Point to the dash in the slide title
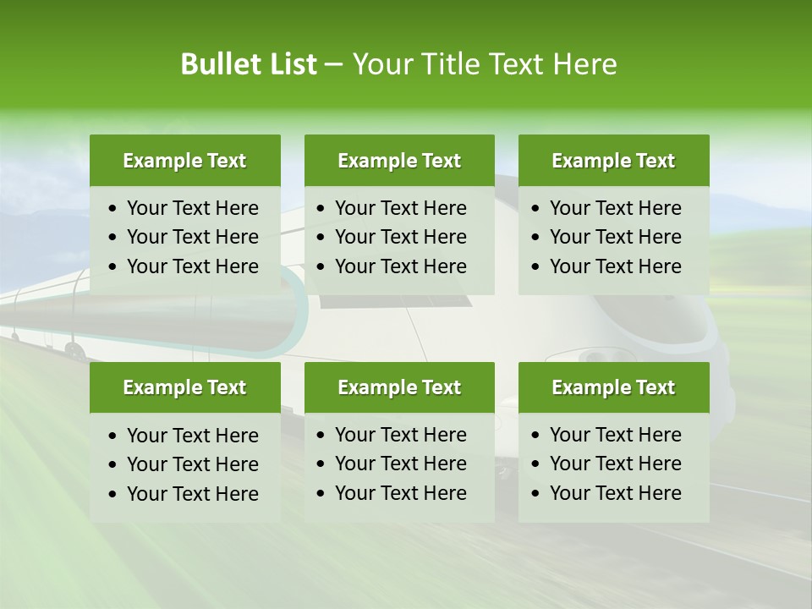333,64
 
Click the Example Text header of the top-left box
184,161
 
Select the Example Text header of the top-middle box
399,161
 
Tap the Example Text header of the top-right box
613,161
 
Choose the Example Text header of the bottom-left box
184,387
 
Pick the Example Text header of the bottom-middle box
399,387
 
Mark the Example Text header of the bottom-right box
613,387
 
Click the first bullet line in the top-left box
192,208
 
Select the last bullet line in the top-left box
192,266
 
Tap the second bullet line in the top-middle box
400,237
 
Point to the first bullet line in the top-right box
615,208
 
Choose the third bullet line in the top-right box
615,266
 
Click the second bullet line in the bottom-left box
192,464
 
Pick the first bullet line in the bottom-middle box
400,435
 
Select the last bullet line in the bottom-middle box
400,493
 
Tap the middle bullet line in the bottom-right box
615,464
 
